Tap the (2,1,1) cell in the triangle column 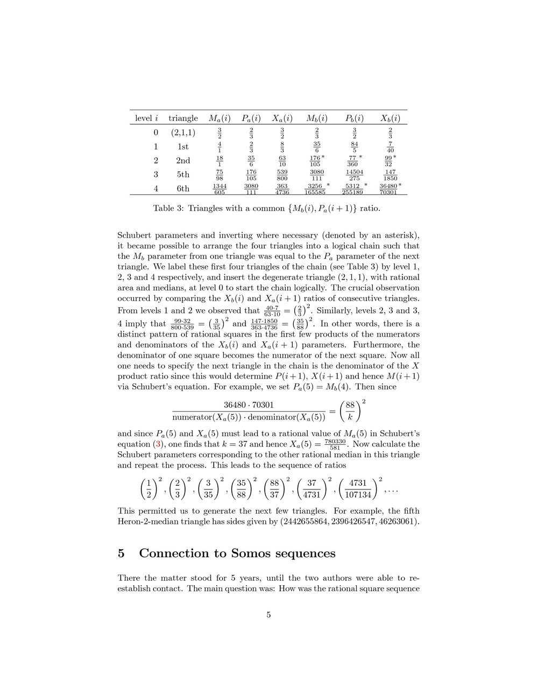click(x=183, y=132)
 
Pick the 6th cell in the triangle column click(x=183, y=189)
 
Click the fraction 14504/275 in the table click(x=355, y=175)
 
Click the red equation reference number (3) click(x=158, y=444)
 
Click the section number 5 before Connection click(x=122, y=553)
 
